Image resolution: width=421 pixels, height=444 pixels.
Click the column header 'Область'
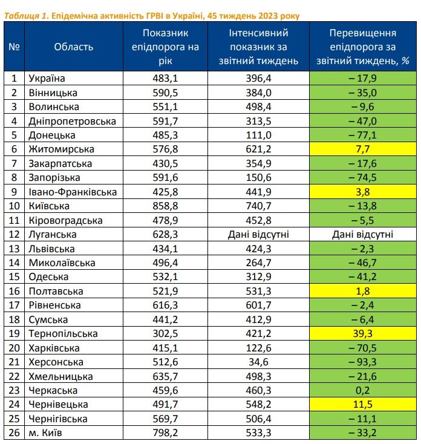pyautogui.click(x=73, y=47)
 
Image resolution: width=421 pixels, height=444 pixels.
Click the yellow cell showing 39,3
pyautogui.click(x=363, y=333)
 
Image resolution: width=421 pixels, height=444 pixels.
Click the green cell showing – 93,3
pyautogui.click(x=363, y=362)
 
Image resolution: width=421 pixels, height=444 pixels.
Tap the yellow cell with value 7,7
pyautogui.click(x=363, y=149)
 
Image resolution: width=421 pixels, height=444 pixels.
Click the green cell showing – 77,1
pyautogui.click(x=363, y=135)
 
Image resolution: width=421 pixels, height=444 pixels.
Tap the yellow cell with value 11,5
pyautogui.click(x=363, y=404)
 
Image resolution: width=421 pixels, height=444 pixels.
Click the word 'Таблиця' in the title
pyautogui.click(x=22, y=15)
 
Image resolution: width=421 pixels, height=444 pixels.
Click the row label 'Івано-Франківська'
pyautogui.click(x=73, y=192)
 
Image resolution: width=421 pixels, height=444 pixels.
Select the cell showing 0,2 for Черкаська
pyautogui.click(x=363, y=390)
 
